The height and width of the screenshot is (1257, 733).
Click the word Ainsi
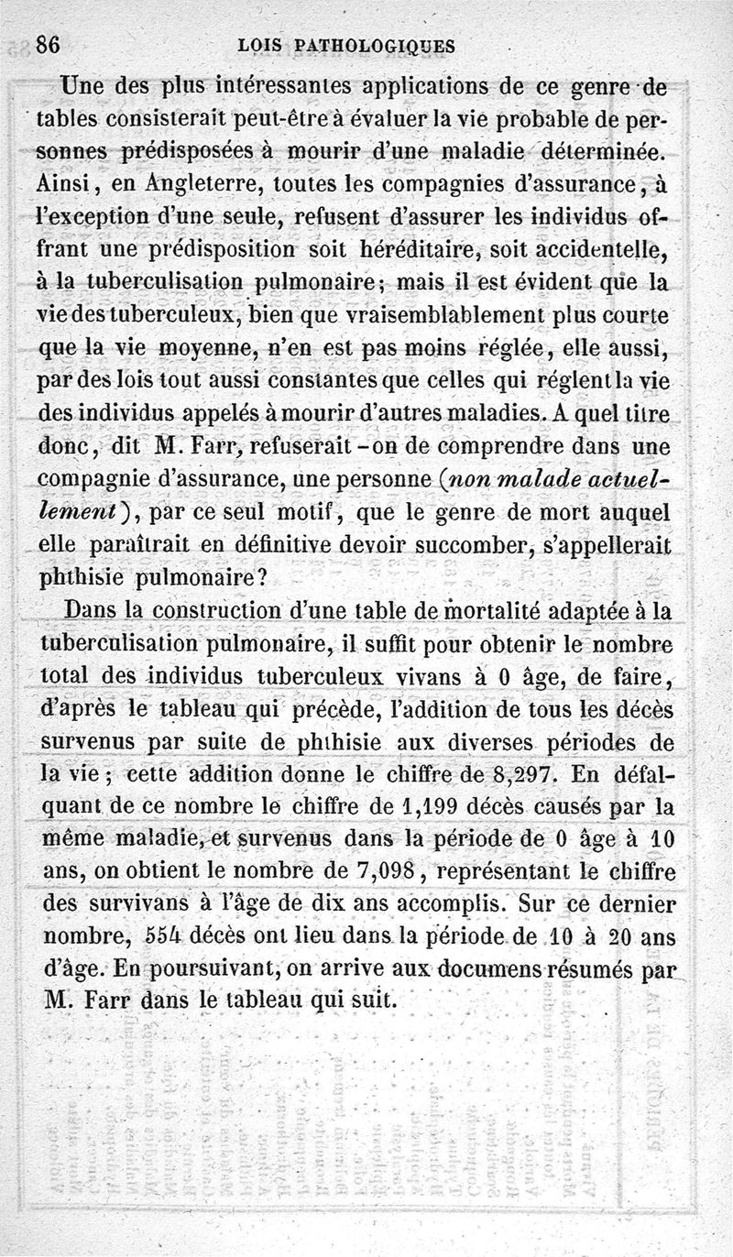tap(71, 184)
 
